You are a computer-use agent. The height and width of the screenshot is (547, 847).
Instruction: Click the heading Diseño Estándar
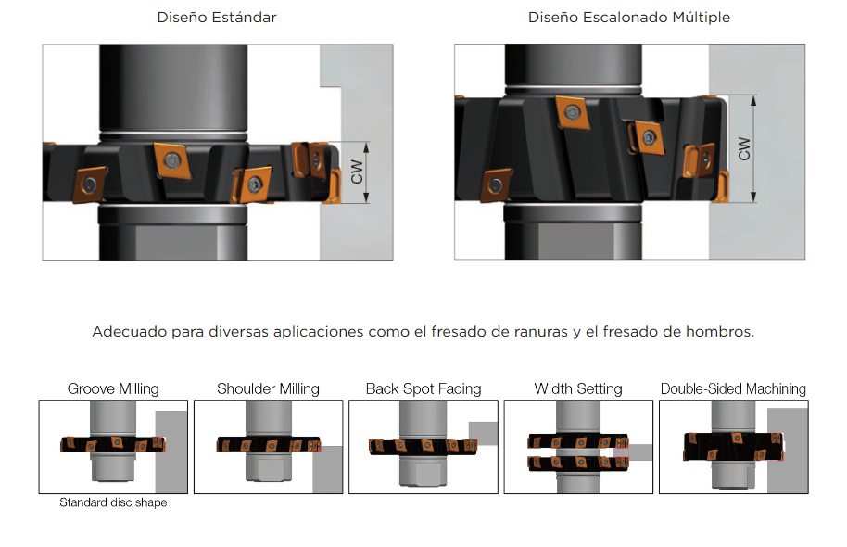point(217,18)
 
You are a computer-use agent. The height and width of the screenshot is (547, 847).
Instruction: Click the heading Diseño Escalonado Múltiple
point(629,18)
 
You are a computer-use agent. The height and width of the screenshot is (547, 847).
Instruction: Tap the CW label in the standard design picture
point(357,172)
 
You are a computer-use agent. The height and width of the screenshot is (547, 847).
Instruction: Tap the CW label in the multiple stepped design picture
point(744,148)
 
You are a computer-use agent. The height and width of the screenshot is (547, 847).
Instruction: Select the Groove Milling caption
point(113,388)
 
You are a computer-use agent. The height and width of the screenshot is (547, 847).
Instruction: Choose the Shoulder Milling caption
point(268,388)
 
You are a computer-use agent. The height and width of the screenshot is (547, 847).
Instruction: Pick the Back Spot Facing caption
point(423,388)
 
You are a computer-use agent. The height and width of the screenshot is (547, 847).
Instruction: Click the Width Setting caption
point(578,388)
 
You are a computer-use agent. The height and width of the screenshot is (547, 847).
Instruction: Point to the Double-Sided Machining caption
point(733,388)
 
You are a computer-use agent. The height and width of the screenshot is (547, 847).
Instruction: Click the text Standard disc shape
point(113,502)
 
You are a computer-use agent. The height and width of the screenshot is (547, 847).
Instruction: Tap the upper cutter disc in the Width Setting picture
point(578,441)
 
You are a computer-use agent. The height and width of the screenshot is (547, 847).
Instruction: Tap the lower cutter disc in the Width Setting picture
point(578,463)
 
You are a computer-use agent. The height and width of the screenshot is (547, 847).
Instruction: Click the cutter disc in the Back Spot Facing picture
point(423,447)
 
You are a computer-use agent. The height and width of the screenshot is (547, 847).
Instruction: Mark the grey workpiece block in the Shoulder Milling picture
point(328,469)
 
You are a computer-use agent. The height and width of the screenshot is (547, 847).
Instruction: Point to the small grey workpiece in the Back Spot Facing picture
point(483,433)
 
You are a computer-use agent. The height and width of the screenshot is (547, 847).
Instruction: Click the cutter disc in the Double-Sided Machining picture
point(733,447)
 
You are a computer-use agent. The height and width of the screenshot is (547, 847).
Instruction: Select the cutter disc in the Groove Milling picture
point(113,444)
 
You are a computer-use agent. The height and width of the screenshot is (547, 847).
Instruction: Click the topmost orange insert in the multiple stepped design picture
point(572,113)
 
